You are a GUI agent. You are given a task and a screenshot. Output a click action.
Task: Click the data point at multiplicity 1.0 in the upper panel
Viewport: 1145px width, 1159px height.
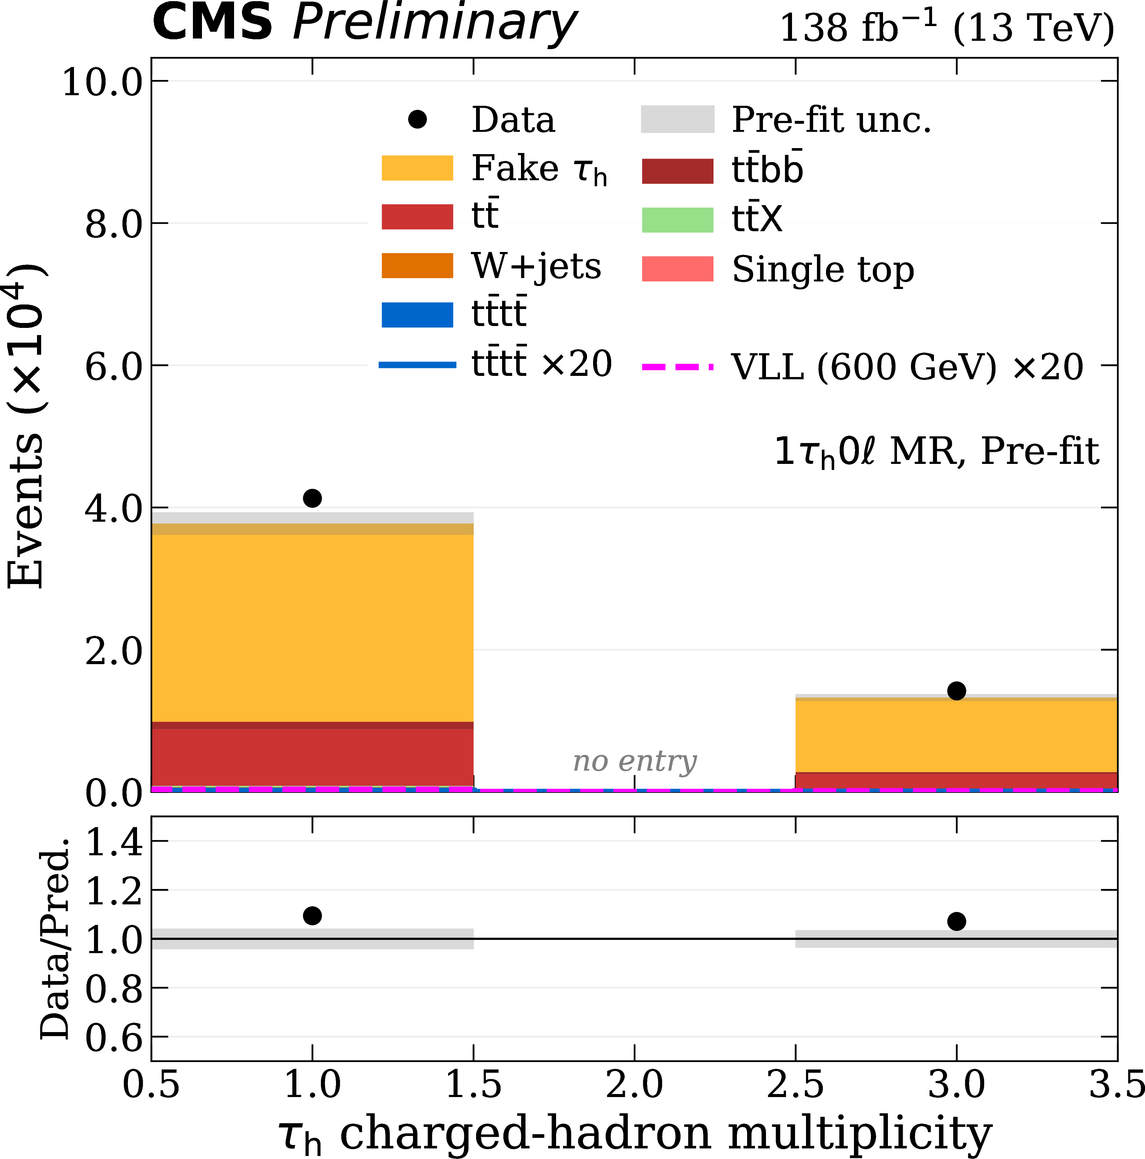click(312, 498)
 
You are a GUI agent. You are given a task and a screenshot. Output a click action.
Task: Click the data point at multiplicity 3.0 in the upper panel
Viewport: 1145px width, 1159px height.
click(956, 691)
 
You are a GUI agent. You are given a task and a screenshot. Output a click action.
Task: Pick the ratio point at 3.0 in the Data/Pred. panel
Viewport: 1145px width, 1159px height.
click(956, 921)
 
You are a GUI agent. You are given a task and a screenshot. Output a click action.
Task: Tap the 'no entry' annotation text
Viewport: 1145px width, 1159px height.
click(634, 761)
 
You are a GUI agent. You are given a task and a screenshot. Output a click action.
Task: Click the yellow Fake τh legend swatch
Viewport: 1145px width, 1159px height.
click(417, 168)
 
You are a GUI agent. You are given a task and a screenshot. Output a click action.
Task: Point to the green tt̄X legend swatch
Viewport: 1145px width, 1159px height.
click(677, 219)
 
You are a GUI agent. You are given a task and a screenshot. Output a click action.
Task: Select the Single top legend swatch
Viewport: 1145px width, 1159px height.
click(677, 269)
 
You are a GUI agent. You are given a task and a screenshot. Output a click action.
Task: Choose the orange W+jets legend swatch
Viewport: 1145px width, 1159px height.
click(417, 266)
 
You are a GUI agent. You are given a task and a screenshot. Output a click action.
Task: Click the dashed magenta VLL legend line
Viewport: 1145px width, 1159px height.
click(677, 366)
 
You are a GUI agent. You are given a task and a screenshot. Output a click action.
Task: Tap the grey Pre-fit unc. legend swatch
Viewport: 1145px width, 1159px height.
click(677, 119)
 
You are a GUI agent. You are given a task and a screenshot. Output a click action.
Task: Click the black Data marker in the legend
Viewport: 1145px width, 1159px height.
click(417, 119)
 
